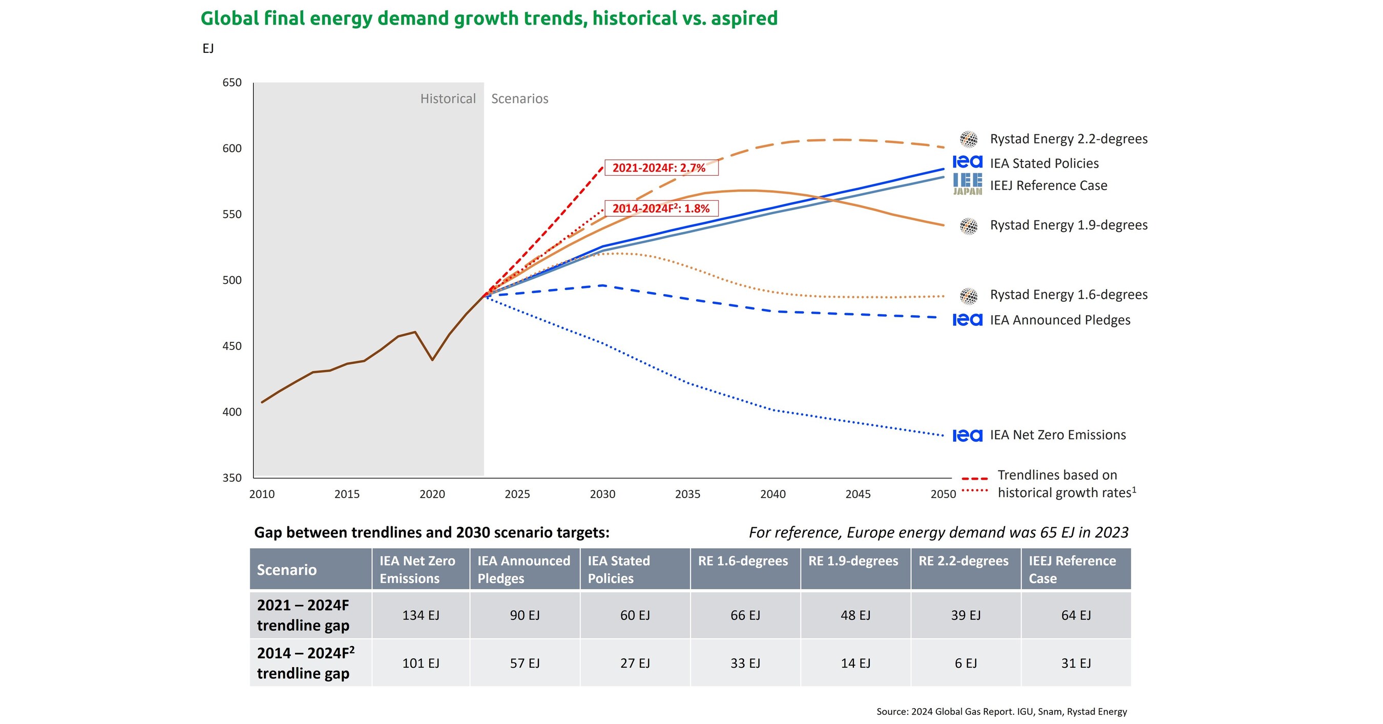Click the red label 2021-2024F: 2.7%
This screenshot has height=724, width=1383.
[x=661, y=168]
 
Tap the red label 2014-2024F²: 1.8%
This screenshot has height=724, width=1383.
[x=661, y=209]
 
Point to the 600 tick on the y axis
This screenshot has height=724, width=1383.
[x=232, y=148]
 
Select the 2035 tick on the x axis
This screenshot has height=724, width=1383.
[x=687, y=493]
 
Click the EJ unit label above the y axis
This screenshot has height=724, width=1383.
[x=208, y=48]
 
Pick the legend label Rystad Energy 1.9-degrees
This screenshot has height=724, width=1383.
[x=1068, y=225]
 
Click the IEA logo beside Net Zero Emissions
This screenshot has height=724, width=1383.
[x=967, y=435]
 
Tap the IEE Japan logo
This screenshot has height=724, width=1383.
[x=968, y=183]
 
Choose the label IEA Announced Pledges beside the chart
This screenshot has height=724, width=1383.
[x=1060, y=320]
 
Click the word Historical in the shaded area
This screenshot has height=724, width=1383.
[x=448, y=99]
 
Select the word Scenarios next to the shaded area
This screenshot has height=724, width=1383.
[x=519, y=99]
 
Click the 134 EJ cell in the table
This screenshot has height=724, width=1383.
[x=421, y=615]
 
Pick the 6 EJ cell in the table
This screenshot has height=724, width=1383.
[x=966, y=664]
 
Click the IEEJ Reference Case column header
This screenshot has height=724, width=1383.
[x=1072, y=569]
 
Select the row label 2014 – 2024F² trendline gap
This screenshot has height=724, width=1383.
[x=305, y=663]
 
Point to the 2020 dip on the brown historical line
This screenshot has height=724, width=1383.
[x=432, y=359]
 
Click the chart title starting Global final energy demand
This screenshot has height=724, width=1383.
[x=489, y=18]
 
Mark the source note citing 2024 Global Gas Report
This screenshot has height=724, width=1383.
[x=1001, y=712]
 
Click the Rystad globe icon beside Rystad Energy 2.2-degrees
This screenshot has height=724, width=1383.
[x=969, y=139]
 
